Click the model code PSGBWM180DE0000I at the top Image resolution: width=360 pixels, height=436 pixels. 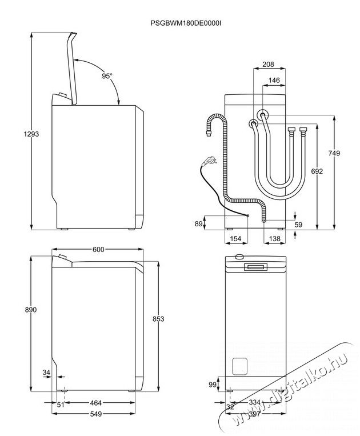pos(186,23)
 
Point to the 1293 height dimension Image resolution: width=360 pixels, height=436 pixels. pos(31,134)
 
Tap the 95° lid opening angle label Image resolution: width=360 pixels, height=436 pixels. pos(107,76)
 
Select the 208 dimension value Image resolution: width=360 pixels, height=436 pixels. pos(268,64)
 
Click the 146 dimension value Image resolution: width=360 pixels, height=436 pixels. pos(274,81)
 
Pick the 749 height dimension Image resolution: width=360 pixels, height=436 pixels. pos(334,153)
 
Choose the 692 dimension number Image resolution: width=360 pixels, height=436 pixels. pos(317,171)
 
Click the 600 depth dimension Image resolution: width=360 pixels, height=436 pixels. pos(98,249)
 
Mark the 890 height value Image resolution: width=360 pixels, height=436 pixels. pos(31,310)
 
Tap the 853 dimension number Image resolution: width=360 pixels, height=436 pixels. pos(158,319)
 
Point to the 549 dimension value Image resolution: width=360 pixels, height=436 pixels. pos(96,414)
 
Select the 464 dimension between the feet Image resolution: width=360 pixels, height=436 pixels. pos(96,403)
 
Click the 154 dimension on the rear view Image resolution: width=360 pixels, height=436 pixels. pos(236,239)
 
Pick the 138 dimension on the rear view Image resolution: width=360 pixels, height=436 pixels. pos(275,239)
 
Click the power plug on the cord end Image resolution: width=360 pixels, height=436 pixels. pos(209,161)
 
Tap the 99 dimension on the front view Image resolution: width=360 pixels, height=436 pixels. pos(213,385)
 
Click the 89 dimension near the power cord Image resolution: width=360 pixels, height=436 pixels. pos(198,223)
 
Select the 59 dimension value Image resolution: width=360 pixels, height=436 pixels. pos(298,225)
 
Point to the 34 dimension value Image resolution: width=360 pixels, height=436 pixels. pos(46,372)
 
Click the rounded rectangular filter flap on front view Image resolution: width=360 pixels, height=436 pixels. pos(239,366)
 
